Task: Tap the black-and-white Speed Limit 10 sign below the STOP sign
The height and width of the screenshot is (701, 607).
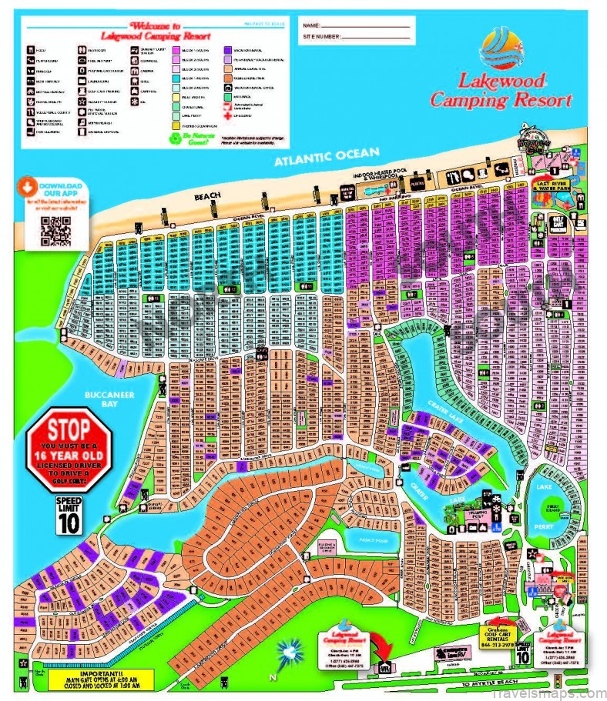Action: [x=69, y=516]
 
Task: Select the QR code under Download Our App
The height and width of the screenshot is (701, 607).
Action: [x=55, y=231]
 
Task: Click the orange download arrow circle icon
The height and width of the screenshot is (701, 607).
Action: [x=28, y=186]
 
